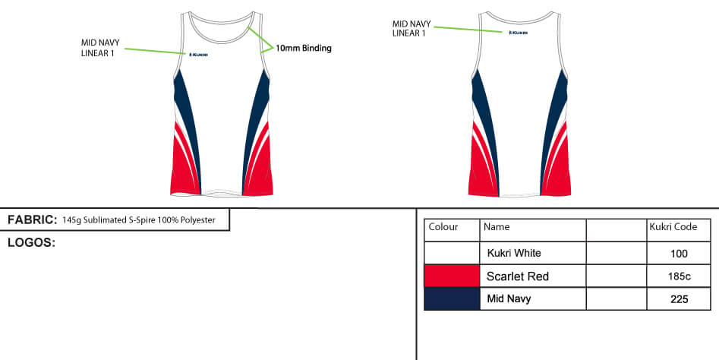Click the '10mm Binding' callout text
pyautogui.click(x=303, y=48)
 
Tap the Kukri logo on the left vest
pyautogui.click(x=199, y=54)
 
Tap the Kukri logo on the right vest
pyautogui.click(x=519, y=33)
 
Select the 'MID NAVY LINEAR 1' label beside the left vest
pyautogui.click(x=100, y=48)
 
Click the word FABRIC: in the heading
pyautogui.click(x=33, y=220)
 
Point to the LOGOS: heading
pyautogui.click(x=31, y=243)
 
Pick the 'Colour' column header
pyautogui.click(x=443, y=227)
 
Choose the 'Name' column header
pyautogui.click(x=497, y=227)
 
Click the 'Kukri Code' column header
pyautogui.click(x=673, y=227)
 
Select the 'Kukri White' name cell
pyautogui.click(x=514, y=253)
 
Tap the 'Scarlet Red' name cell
pyautogui.click(x=517, y=276)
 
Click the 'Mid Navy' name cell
pyautogui.click(x=509, y=299)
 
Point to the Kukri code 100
pyautogui.click(x=679, y=254)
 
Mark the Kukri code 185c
pyautogui.click(x=679, y=276)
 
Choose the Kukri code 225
pyautogui.click(x=679, y=299)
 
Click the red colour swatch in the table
pyautogui.click(x=452, y=276)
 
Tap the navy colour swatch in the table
pyautogui.click(x=452, y=298)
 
